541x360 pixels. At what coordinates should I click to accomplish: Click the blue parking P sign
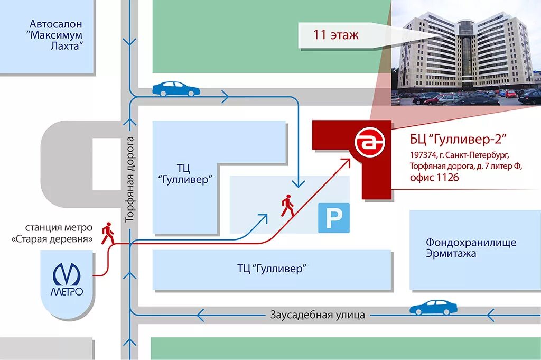(x=333, y=218)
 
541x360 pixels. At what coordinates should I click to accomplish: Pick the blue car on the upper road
(x=176, y=88)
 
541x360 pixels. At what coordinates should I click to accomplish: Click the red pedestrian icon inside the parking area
(x=287, y=206)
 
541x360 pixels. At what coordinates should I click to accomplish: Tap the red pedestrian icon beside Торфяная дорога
(x=108, y=233)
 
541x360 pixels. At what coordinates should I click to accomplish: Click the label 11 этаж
(x=336, y=35)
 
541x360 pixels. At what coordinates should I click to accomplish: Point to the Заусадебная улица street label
(x=318, y=315)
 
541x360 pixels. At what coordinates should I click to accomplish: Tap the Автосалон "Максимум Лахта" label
(x=56, y=35)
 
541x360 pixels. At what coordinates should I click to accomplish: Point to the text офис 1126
(x=434, y=178)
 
